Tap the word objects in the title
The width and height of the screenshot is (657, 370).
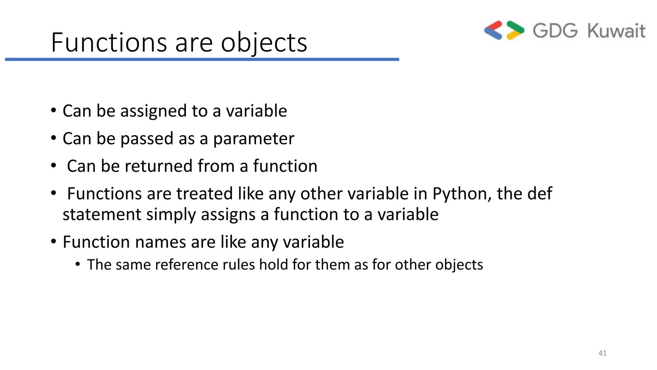tap(264, 43)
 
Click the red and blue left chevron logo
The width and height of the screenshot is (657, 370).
tap(493, 31)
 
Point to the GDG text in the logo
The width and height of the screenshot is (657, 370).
tap(555, 31)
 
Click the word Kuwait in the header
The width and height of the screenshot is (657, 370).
tap(616, 31)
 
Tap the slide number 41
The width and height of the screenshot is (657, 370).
tap(602, 353)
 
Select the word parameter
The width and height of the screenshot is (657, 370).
tap(253, 139)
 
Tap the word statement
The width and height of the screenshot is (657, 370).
tap(102, 214)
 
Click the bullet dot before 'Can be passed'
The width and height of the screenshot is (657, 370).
tap(54, 138)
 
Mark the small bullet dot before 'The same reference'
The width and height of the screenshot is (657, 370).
tap(77, 264)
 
